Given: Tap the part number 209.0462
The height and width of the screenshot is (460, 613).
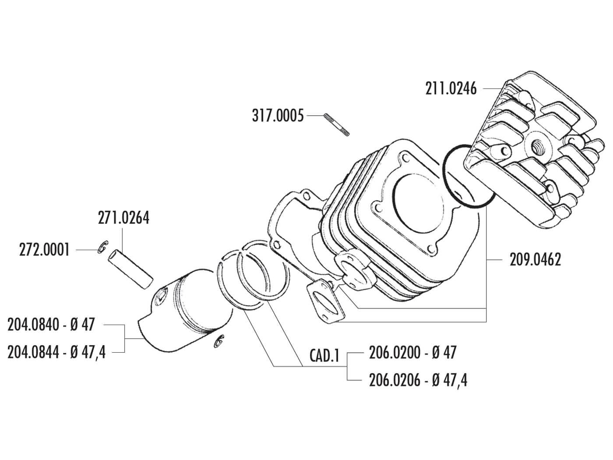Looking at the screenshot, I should click(535, 260).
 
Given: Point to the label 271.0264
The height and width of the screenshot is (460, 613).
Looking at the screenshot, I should click(123, 218).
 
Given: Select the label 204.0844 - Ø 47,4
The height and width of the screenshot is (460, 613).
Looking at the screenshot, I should click(56, 352).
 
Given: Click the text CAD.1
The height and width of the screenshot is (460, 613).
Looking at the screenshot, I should click(325, 356).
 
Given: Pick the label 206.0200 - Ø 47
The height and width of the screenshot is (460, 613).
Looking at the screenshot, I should click(412, 352).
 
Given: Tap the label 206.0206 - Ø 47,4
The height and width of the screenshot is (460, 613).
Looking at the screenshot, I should click(418, 380).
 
